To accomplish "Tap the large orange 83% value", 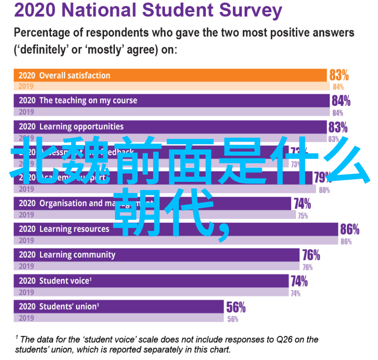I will coord(339,75).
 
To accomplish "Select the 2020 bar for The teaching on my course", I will coord(171,101).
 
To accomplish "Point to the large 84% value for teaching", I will coord(341,101).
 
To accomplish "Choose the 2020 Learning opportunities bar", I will coord(171,127).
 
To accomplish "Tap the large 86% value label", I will coord(350,229).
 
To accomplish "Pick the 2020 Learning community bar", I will coord(158,255).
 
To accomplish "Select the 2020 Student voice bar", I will coord(153,281).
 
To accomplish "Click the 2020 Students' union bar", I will coord(119,307).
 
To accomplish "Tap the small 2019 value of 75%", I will coord(302,216).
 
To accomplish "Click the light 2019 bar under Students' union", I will coord(119,318).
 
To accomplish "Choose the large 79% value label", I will coord(323,177).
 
